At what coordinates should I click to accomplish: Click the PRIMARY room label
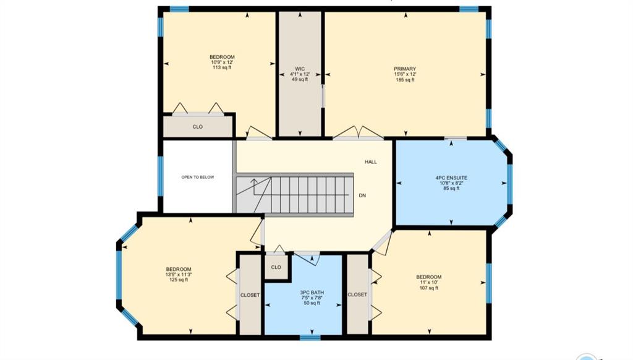[405, 69]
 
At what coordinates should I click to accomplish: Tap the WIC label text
[300, 69]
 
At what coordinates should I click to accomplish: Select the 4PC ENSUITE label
[451, 178]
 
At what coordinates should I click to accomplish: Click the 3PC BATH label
[312, 293]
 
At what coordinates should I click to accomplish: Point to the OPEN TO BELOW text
[197, 177]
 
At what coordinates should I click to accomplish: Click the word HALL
[371, 162]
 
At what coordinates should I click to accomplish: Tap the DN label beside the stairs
[362, 195]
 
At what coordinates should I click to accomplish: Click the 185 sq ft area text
[405, 80]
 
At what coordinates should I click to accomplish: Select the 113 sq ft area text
[222, 67]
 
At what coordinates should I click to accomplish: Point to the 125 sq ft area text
[179, 280]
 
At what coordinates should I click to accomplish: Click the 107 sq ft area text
[429, 288]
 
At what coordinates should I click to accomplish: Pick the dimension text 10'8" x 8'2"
[451, 183]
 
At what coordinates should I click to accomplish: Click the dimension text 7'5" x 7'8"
[312, 298]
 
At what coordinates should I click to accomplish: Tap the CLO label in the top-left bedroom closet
[197, 127]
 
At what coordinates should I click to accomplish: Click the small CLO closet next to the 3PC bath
[276, 267]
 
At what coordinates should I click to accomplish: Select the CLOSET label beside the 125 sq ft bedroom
[250, 295]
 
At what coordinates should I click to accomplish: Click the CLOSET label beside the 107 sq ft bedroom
[357, 295]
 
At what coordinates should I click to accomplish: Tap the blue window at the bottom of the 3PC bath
[310, 337]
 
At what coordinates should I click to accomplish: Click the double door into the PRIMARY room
[358, 134]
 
